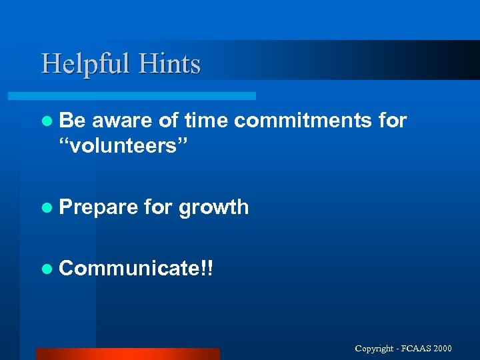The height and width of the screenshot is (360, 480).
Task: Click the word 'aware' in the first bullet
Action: pyautogui.click(x=119, y=121)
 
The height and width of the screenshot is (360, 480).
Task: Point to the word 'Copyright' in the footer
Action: pyautogui.click(x=375, y=349)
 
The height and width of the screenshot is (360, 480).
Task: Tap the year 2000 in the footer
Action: pyautogui.click(x=442, y=349)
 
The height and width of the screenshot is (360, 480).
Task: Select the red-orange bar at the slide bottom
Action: pyautogui.click(x=127, y=354)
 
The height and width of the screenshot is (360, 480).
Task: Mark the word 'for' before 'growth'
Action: pyautogui.click(x=157, y=207)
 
